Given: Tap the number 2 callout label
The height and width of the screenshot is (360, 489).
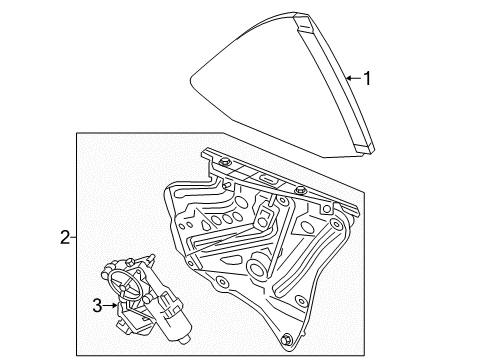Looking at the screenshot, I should [x=64, y=239].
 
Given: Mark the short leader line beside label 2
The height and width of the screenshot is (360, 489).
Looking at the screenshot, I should [x=74, y=239].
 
